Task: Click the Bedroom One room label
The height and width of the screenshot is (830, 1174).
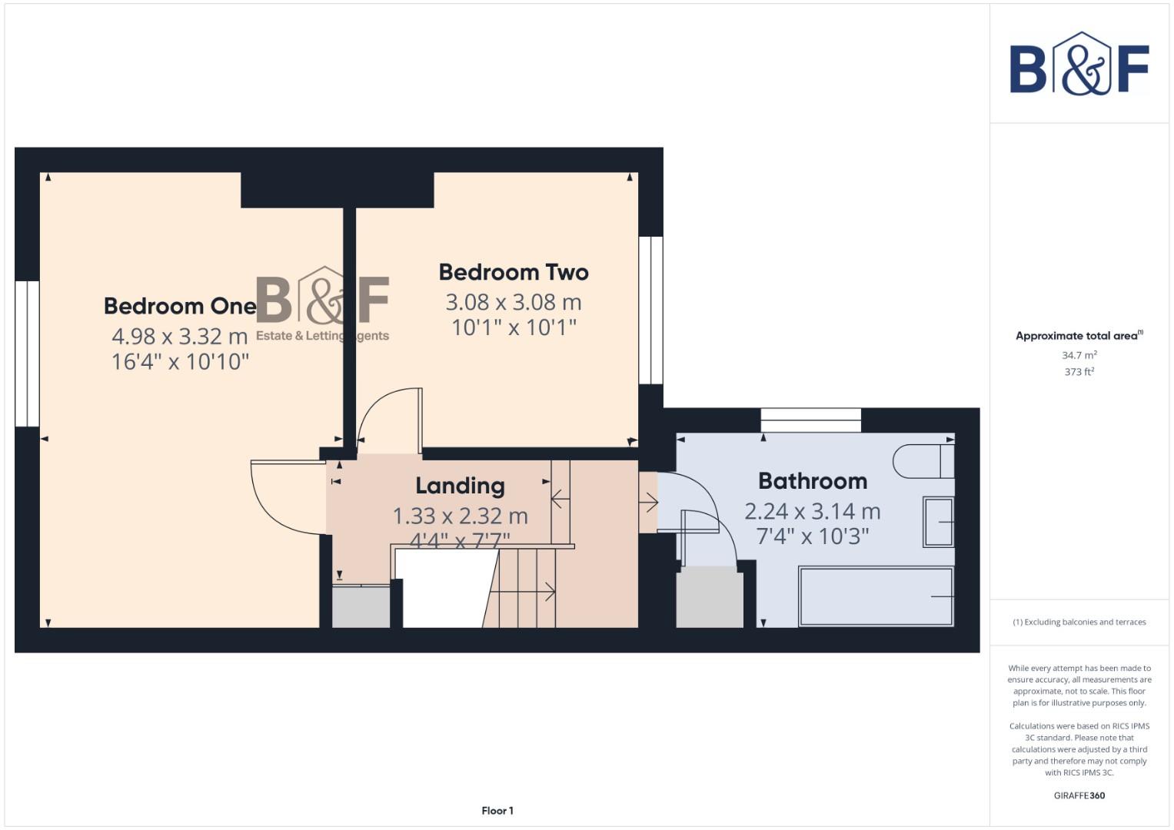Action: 180,306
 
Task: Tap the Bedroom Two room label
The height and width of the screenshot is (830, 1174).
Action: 514,272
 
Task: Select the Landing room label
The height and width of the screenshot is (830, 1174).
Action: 460,486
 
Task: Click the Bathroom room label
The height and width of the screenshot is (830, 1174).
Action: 813,481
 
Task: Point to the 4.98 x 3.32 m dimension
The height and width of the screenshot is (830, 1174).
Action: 180,336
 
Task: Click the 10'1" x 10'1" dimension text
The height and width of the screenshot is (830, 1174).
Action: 514,327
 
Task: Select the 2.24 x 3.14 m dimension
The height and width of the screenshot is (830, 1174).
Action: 813,511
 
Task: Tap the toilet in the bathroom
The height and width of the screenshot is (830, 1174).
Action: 923,461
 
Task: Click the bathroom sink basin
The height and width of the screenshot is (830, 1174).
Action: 938,523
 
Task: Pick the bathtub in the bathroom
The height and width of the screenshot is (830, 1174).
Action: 876,596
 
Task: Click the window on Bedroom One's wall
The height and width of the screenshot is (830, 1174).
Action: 27,353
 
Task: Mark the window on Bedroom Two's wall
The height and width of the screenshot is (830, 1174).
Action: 650,310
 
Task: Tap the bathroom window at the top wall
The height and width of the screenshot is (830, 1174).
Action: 810,420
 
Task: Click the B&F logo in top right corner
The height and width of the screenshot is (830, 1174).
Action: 1079,65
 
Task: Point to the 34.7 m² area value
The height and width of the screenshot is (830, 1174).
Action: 1079,355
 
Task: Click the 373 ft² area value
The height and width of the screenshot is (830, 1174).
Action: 1079,372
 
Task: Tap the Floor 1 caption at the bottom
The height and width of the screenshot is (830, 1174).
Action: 497,811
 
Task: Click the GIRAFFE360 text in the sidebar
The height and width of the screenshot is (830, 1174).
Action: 1079,795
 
